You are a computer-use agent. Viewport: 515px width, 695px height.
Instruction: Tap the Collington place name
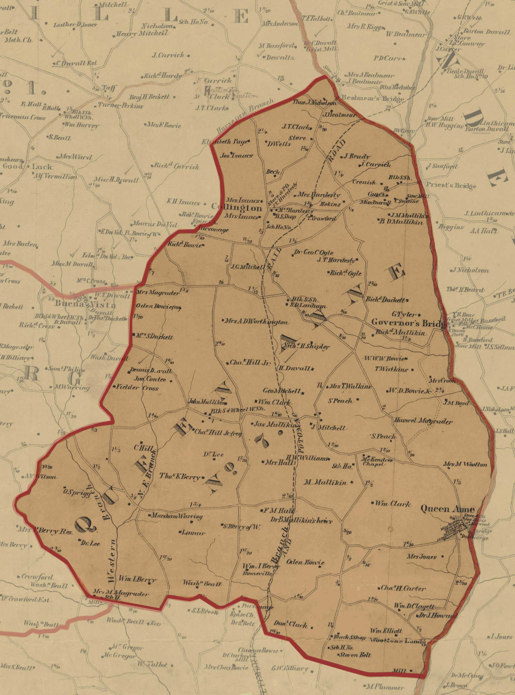[236, 207]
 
